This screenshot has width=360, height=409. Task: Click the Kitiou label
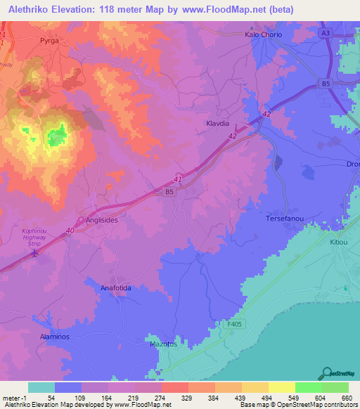338,241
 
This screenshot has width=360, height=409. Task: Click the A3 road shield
326,33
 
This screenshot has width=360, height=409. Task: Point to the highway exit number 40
70,229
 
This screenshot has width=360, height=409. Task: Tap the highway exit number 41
177,181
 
